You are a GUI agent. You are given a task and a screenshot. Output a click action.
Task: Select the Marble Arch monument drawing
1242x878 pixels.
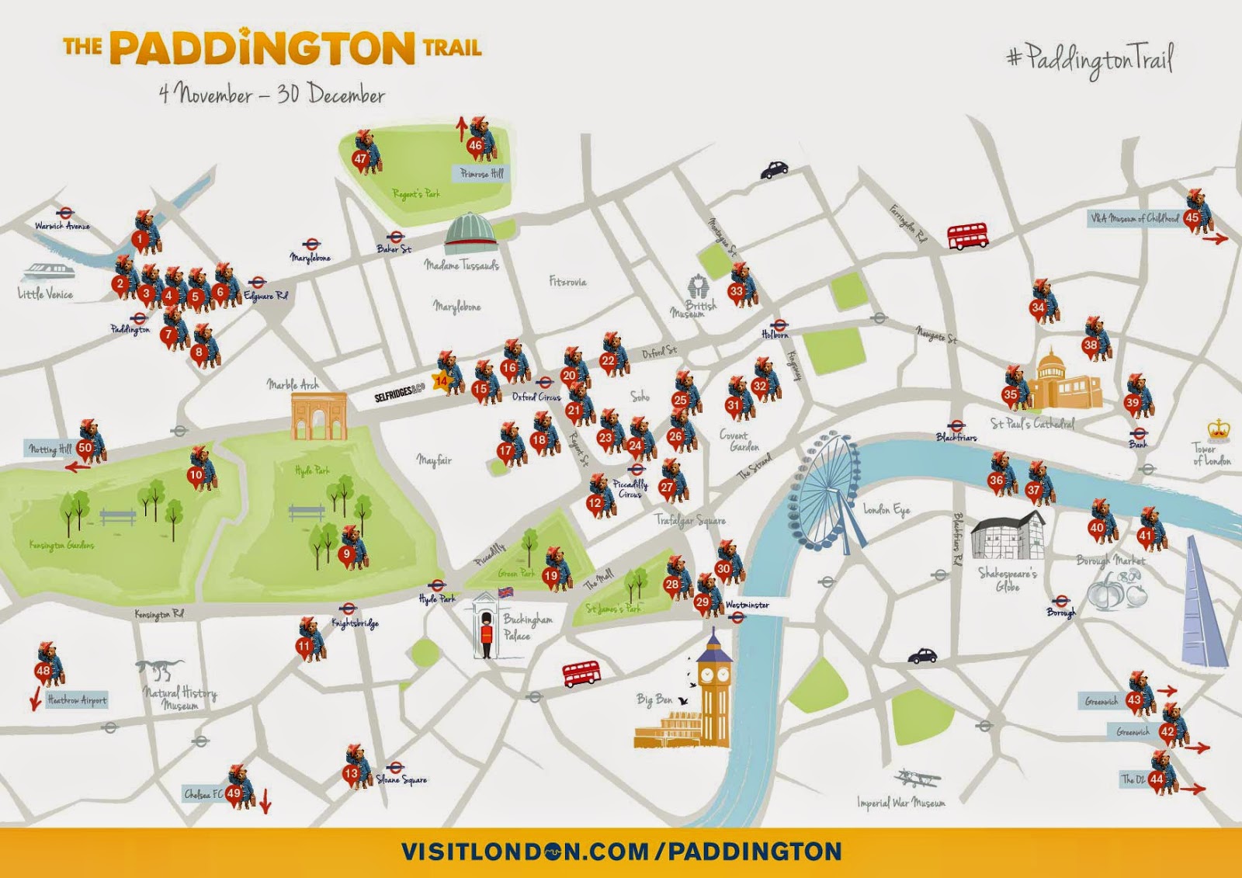pyautogui.click(x=318, y=416)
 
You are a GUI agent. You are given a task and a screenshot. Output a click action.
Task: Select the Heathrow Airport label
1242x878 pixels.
pyautogui.click(x=77, y=700)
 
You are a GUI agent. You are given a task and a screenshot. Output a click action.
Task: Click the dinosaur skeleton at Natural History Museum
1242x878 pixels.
pyautogui.click(x=162, y=669)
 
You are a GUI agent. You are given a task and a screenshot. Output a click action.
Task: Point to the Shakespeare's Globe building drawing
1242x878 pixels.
pyautogui.click(x=1008, y=536)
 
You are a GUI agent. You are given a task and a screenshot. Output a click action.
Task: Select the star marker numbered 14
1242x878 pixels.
pyautogui.click(x=442, y=381)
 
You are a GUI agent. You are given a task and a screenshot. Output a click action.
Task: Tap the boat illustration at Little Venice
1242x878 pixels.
pyautogui.click(x=48, y=272)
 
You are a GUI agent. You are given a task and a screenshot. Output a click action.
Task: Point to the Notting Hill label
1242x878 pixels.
pyautogui.click(x=50, y=449)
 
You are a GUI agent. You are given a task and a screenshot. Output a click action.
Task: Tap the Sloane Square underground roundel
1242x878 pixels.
pyautogui.click(x=394, y=768)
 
